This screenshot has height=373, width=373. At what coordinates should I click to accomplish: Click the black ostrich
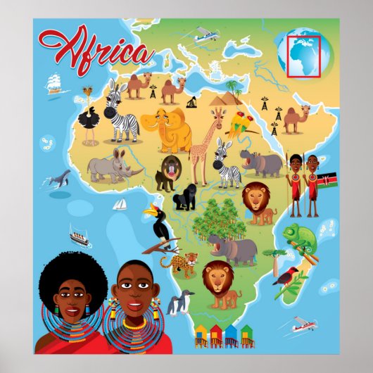tap(89, 124)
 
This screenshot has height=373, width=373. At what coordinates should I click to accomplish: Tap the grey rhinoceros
tap(113, 166)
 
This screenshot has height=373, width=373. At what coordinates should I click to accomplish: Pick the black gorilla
tap(185, 198)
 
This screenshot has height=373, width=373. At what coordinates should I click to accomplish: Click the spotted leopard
tap(177, 263)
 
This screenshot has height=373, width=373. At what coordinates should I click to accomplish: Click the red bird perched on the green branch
tap(286, 276)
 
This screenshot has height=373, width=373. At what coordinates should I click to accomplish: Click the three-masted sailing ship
tap(55, 84)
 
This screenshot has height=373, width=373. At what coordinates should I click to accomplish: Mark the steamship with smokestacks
tap(80, 238)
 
